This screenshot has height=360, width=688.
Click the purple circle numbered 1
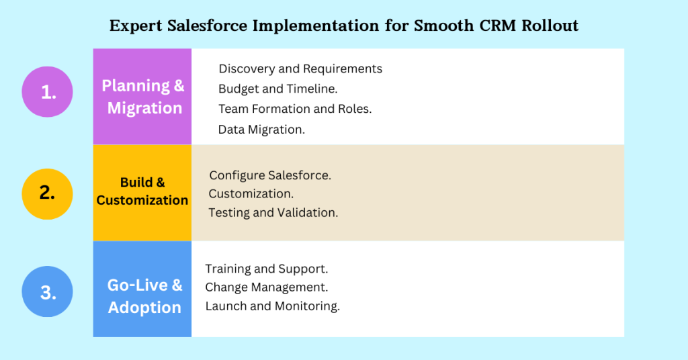[x=48, y=91]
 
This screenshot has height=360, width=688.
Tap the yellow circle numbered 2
[x=48, y=194]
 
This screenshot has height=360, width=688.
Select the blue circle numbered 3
[x=48, y=291]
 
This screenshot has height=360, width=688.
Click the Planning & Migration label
[x=143, y=97]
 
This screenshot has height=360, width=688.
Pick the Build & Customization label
[x=142, y=191]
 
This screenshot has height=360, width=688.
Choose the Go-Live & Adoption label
[x=144, y=296]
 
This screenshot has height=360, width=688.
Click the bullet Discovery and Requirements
[x=300, y=69]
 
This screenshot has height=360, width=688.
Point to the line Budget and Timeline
[x=278, y=89]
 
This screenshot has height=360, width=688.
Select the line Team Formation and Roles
[x=295, y=109]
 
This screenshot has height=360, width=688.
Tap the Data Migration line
[x=261, y=130]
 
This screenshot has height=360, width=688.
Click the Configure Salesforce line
[x=270, y=175]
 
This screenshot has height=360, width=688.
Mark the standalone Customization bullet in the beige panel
[x=251, y=194]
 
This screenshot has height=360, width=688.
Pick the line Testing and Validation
[x=273, y=213]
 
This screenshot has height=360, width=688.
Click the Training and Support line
[x=267, y=269]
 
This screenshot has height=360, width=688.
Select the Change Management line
[x=267, y=287]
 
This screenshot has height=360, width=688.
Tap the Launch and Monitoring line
[x=273, y=306]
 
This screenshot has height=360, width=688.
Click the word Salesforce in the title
[x=207, y=26]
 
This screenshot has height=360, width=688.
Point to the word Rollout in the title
[x=550, y=26]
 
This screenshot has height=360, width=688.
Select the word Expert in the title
[x=136, y=26]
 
